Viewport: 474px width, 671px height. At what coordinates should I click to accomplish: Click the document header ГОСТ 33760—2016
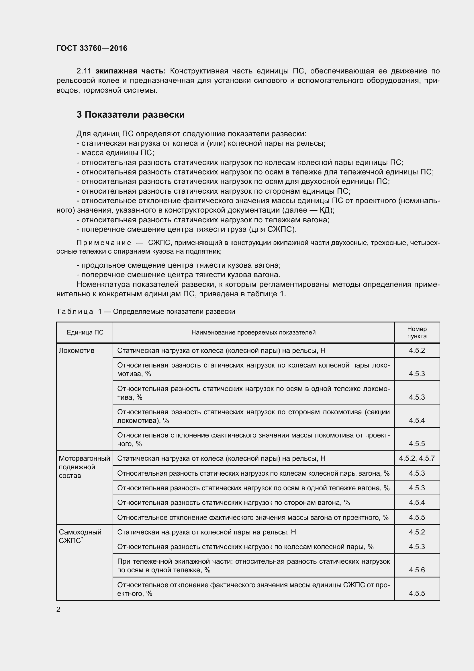(92, 48)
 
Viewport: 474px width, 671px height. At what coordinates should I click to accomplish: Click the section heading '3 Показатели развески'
(130, 114)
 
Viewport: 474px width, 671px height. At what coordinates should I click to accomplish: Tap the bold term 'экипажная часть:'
(130, 71)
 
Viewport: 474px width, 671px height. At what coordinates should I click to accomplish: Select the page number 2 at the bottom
(58, 609)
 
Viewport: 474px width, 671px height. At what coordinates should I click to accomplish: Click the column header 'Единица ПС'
(85, 332)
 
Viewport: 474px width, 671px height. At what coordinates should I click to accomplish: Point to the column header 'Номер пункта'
(417, 332)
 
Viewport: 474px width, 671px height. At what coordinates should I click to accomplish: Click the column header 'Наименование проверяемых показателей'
(253, 332)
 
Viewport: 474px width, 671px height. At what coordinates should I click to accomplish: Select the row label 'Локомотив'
(77, 350)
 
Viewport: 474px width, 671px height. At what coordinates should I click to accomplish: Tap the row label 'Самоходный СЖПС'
(80, 536)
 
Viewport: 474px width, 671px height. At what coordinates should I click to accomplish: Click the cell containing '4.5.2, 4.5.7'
(417, 458)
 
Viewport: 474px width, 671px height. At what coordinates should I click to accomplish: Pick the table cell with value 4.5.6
(417, 570)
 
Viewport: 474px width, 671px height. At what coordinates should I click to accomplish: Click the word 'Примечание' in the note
(104, 243)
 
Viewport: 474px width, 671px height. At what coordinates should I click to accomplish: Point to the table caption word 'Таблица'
(75, 312)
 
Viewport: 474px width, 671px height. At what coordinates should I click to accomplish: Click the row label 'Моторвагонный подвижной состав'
(84, 467)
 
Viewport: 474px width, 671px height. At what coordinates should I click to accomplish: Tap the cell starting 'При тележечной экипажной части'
(253, 565)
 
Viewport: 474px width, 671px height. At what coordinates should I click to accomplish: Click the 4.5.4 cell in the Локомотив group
(417, 420)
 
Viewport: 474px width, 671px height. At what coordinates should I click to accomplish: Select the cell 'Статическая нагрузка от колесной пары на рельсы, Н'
(206, 532)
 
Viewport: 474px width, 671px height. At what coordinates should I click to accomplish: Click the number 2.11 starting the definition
(84, 71)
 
